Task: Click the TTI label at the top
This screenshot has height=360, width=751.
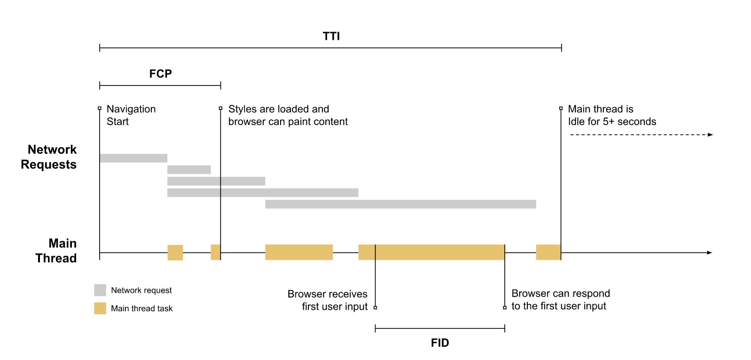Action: point(331,36)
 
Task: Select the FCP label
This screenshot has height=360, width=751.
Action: point(160,74)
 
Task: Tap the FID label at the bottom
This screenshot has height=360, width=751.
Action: point(439,343)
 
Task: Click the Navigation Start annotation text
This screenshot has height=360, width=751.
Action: point(131,115)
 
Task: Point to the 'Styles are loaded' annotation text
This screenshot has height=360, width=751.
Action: point(288,115)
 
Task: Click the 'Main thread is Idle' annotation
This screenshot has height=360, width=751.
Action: point(611,115)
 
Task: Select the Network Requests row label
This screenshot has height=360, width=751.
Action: point(49,157)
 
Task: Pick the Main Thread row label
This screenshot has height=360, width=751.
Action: point(56,250)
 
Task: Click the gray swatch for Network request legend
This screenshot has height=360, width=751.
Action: point(100,290)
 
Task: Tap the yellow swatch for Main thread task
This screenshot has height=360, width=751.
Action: point(100,308)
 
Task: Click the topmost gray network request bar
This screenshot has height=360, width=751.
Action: point(133,158)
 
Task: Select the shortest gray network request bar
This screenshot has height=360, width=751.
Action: point(189,170)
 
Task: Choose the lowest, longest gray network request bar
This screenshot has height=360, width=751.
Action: point(400,204)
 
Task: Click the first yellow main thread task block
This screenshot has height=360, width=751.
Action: point(175,252)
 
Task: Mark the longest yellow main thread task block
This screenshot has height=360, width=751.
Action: point(431,252)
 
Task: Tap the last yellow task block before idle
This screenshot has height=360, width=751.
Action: point(548,252)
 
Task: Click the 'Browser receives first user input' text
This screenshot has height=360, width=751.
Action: point(328,300)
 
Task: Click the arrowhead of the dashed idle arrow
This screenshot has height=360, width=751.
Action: point(711,135)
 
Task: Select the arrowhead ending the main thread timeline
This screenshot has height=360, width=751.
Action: point(710,253)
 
